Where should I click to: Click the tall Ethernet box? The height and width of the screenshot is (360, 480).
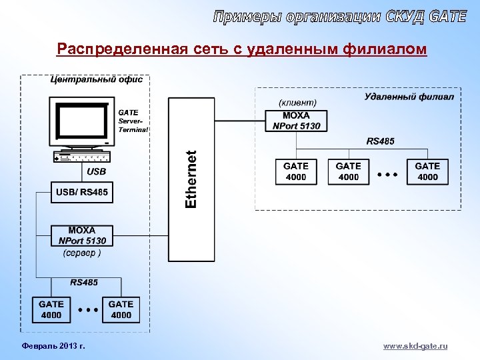191,179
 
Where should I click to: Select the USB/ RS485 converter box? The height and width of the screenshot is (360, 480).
82,193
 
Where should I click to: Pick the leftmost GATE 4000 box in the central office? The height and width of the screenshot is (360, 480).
51,309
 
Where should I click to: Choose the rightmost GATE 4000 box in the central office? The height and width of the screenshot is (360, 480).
121,309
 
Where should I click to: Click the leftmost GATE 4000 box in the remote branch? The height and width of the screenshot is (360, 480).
296,171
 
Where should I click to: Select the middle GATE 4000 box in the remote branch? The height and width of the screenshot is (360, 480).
348,171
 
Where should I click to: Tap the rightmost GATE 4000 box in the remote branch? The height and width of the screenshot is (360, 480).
427,171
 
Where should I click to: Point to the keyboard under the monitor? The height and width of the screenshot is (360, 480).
82,157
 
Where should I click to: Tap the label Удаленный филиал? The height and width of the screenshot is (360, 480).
409,97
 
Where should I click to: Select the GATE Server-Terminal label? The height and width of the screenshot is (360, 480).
131,121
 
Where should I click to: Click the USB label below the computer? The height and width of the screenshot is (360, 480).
95,171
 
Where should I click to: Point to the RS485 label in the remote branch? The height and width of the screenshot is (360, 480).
380,141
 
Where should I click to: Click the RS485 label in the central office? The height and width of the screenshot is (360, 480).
84,282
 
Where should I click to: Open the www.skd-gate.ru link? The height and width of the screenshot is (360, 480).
415,346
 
